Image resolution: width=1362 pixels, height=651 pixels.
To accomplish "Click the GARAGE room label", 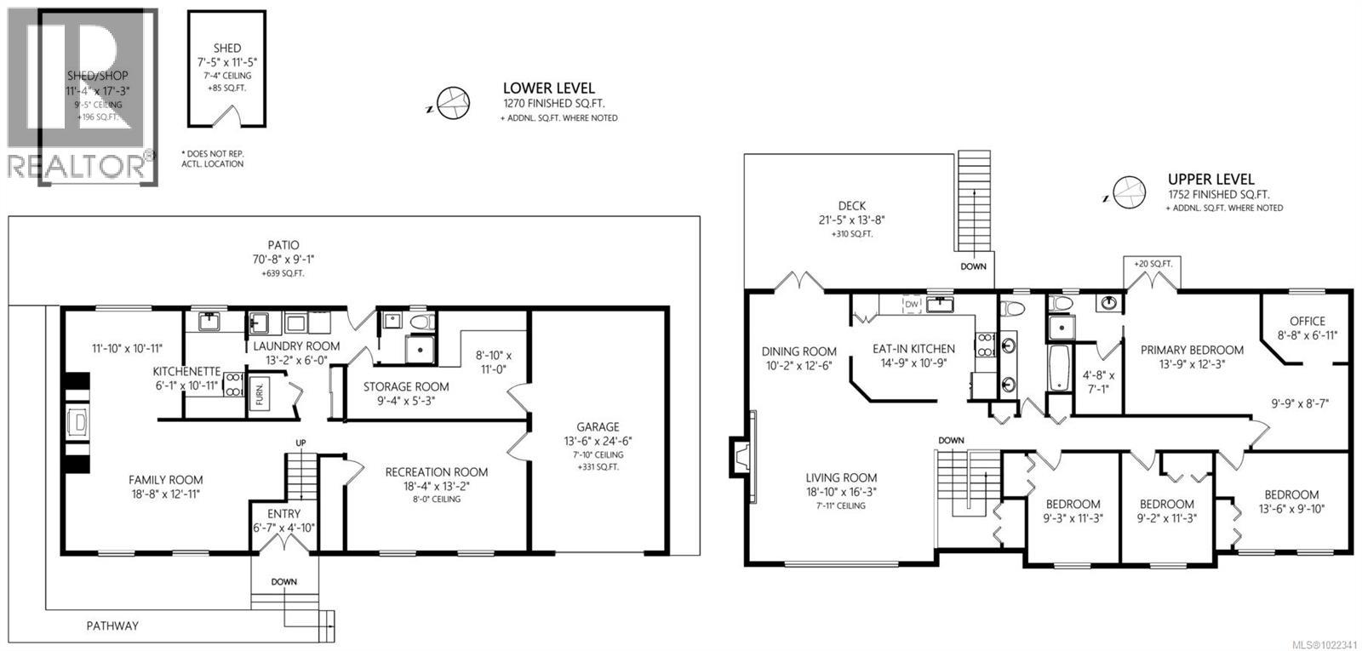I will pyautogui.click(x=597, y=427).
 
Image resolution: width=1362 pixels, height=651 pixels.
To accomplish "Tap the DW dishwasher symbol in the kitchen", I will pyautogui.click(x=912, y=305).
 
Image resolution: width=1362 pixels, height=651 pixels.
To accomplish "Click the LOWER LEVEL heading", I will pyautogui.click(x=548, y=88).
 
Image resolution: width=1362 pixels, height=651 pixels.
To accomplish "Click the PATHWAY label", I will pyautogui.click(x=112, y=626).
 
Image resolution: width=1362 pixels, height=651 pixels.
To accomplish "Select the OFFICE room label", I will pyautogui.click(x=1307, y=321).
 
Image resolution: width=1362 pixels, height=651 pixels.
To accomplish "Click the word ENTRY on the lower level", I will pyautogui.click(x=283, y=514).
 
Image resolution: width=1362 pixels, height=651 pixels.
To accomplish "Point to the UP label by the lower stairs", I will pyautogui.click(x=300, y=443).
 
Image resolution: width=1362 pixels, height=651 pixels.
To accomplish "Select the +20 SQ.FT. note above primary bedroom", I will pyautogui.click(x=1152, y=264).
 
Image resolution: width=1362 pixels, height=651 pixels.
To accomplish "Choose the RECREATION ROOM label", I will pyautogui.click(x=436, y=472).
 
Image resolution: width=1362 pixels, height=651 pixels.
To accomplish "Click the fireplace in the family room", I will pyautogui.click(x=77, y=423).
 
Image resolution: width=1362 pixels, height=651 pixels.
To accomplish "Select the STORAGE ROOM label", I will pyautogui.click(x=406, y=386).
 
